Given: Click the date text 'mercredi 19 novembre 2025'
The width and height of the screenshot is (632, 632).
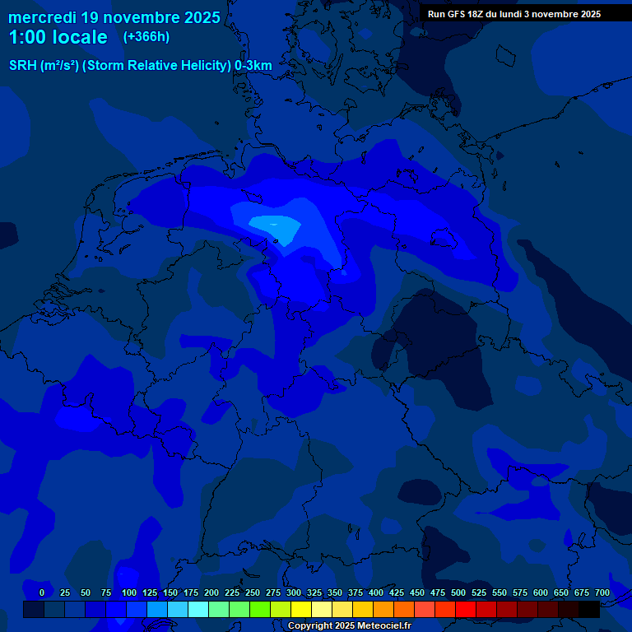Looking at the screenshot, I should [114, 17].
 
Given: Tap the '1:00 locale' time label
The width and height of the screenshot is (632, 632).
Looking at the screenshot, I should [58, 37].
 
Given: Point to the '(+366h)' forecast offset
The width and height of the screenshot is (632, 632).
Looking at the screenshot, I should [146, 37].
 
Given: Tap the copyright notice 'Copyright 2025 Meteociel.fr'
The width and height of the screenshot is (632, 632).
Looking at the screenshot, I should [349, 626].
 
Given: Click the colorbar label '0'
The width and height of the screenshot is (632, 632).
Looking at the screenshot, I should [42, 592].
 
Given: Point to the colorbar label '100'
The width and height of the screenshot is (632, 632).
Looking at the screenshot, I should [129, 592].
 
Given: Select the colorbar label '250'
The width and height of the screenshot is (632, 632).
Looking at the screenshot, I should [253, 592].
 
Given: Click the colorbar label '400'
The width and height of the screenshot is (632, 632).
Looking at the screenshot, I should [376, 592].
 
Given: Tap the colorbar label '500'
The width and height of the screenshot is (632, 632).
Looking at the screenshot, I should [458, 592].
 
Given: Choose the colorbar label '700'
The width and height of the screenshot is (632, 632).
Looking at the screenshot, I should [602, 592].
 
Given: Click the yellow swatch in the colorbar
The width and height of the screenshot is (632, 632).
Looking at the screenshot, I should [301, 610].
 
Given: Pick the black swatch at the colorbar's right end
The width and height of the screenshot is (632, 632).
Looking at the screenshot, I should [589, 610].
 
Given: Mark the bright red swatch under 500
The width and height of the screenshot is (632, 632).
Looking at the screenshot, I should [466, 610].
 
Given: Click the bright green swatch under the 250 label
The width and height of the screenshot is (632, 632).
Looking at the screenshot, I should [260, 610].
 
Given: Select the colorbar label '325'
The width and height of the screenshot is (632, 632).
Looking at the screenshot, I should [314, 592].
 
